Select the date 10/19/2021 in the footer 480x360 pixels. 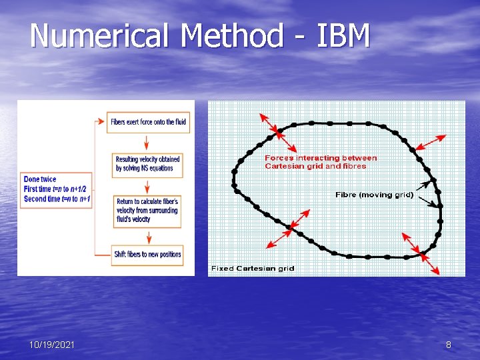pyautogui.click(x=52, y=345)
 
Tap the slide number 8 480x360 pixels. pyautogui.click(x=449, y=345)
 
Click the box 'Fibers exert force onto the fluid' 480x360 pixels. pyautogui.click(x=148, y=122)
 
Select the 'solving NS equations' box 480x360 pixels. pyautogui.click(x=147, y=164)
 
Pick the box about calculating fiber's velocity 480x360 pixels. pyautogui.click(x=147, y=209)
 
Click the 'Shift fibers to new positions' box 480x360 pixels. pyautogui.click(x=147, y=254)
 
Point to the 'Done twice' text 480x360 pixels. pyautogui.click(x=40, y=179)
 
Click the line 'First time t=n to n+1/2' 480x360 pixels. pyautogui.click(x=55, y=189)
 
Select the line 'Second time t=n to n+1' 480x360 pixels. pyautogui.click(x=57, y=199)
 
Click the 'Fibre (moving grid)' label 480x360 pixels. pyautogui.click(x=374, y=195)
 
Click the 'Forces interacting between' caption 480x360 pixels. pyautogui.click(x=321, y=159)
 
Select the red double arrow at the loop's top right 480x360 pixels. pyautogui.click(x=428, y=143)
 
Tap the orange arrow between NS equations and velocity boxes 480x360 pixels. pyautogui.click(x=147, y=186)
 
